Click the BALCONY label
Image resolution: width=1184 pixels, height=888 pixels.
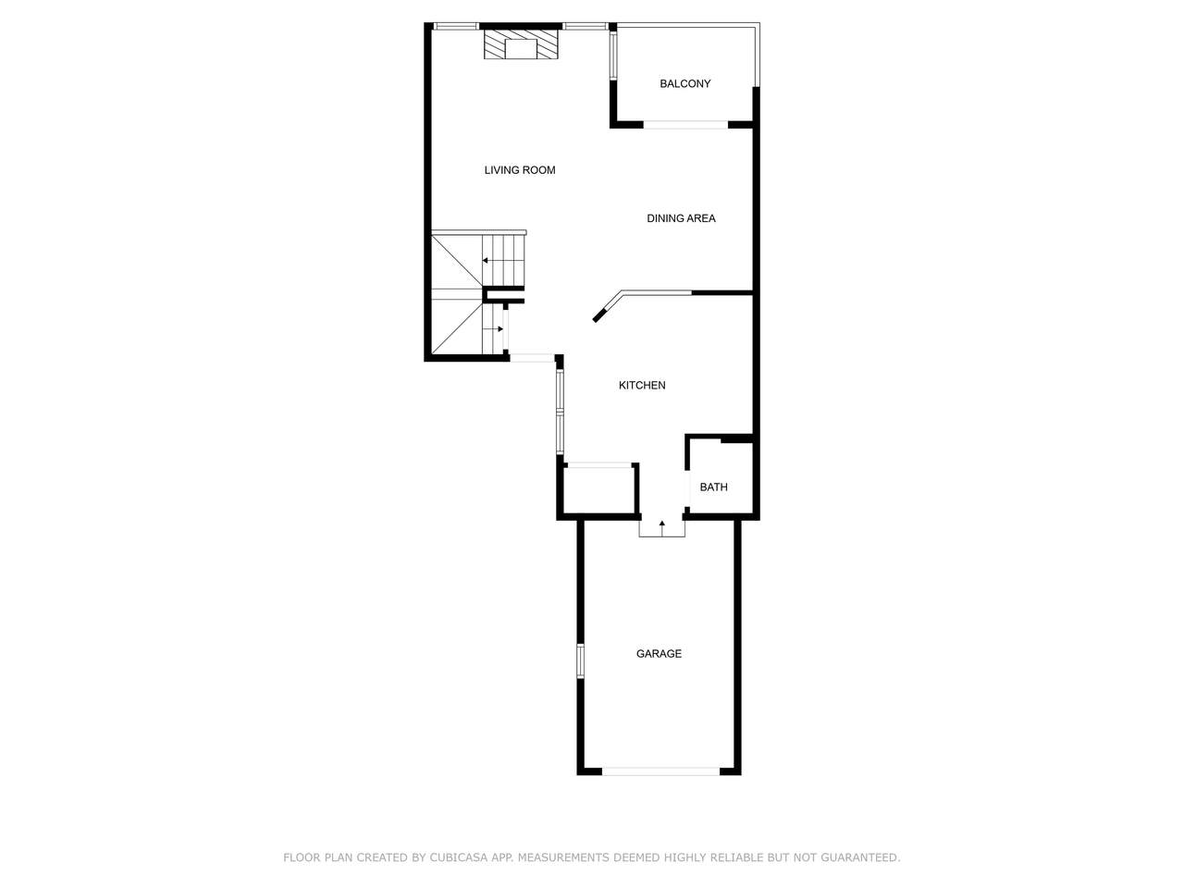coord(684,83)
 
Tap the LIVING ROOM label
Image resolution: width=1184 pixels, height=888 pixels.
coord(520,170)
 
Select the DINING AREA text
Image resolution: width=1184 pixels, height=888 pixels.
coord(681,218)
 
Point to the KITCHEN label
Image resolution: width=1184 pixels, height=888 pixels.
coord(642,385)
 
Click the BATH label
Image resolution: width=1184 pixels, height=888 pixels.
coord(713,487)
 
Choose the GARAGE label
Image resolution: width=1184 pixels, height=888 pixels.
coord(659,653)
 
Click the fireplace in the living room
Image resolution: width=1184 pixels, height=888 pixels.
coord(521,44)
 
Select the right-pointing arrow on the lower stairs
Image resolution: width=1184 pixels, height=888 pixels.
coord(494,329)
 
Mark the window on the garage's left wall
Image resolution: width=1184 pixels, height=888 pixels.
coord(580,660)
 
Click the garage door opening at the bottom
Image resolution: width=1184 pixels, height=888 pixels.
coord(660,771)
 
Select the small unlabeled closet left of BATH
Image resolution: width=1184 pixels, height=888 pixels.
coord(598,489)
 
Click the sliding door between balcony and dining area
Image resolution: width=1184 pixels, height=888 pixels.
coord(685,125)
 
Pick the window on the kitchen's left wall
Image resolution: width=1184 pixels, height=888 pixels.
coord(560,412)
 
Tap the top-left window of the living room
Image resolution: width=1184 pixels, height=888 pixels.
coord(456,26)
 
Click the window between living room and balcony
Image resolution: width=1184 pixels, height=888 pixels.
coord(613,55)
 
